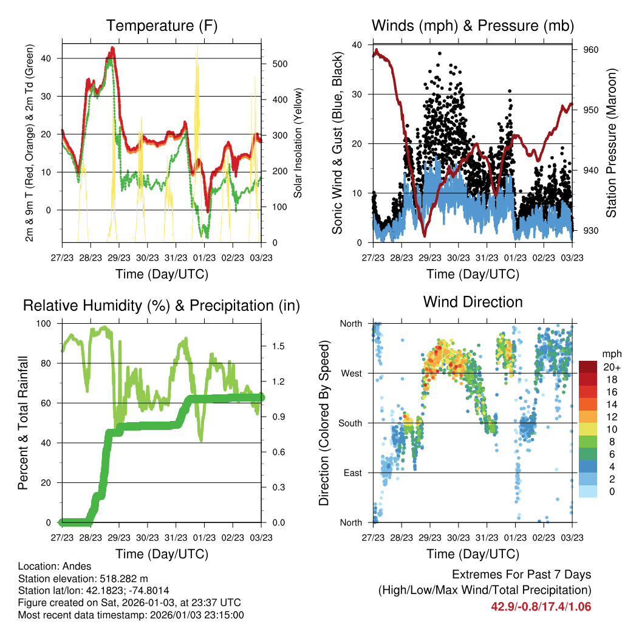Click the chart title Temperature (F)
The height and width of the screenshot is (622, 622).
(x=161, y=26)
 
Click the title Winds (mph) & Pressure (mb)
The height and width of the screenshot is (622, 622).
(x=473, y=26)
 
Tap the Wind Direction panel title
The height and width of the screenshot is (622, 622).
(x=473, y=302)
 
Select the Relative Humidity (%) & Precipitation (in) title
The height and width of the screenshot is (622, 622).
(x=161, y=306)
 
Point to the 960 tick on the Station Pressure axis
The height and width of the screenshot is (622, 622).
(x=592, y=50)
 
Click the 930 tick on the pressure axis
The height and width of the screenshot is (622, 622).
(x=592, y=231)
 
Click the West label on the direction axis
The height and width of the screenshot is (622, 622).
(x=352, y=373)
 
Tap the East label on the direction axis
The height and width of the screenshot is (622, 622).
(x=353, y=473)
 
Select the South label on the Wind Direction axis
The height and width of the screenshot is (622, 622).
(x=350, y=423)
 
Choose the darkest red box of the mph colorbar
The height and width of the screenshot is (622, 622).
(x=588, y=367)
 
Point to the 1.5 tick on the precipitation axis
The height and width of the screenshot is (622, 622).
(x=279, y=346)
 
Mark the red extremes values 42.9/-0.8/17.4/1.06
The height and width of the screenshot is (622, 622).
(x=541, y=606)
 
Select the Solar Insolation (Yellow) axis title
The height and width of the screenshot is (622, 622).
(x=298, y=143)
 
